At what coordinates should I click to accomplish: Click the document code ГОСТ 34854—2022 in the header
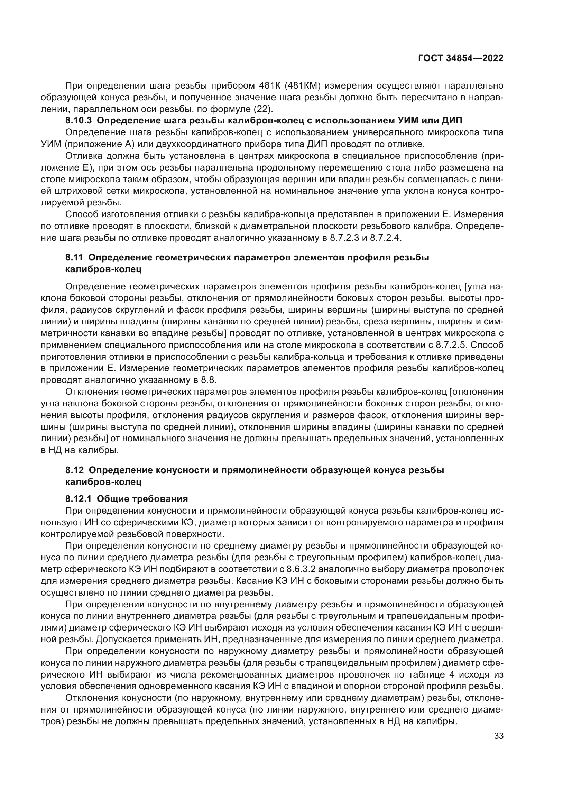(460, 58)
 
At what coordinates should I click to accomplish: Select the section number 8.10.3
(78, 120)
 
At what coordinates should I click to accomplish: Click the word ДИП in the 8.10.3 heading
(452, 120)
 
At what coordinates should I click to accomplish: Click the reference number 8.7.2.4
(385, 238)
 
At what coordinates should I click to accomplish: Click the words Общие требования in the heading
(142, 499)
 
